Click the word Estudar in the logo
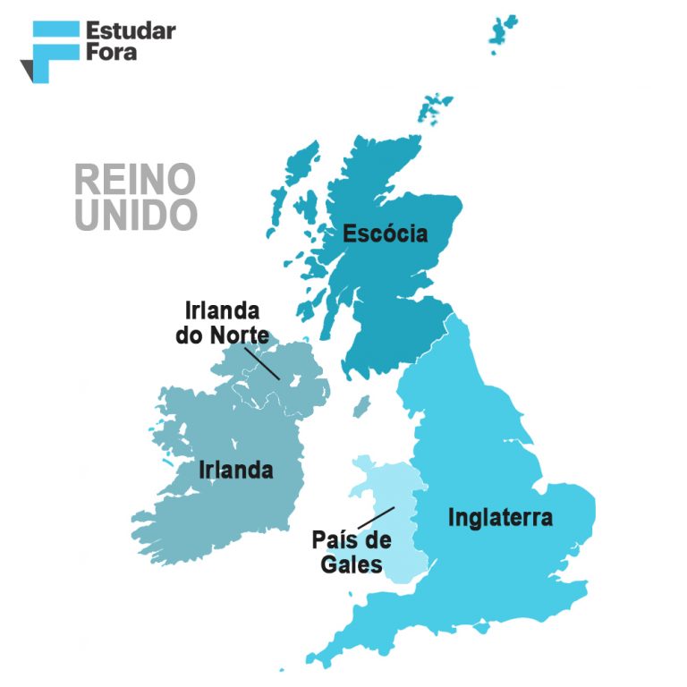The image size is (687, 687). click(131, 31)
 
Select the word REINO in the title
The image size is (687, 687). click(134, 180)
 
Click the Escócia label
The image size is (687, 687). click(386, 234)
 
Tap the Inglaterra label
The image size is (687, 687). click(500, 517)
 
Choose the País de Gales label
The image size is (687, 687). click(352, 552)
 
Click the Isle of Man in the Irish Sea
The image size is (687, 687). click(361, 407)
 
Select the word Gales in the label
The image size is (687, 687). click(352, 564)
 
